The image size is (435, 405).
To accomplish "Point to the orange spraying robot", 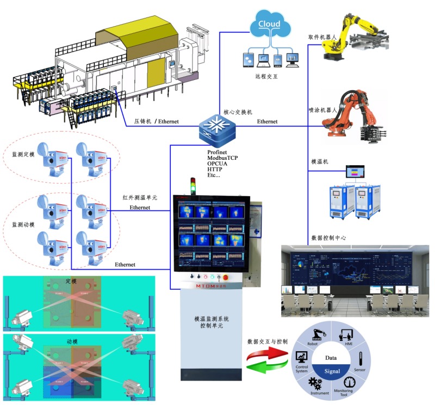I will coord(357,117).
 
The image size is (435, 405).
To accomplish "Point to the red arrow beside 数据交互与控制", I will coord(266,354).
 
